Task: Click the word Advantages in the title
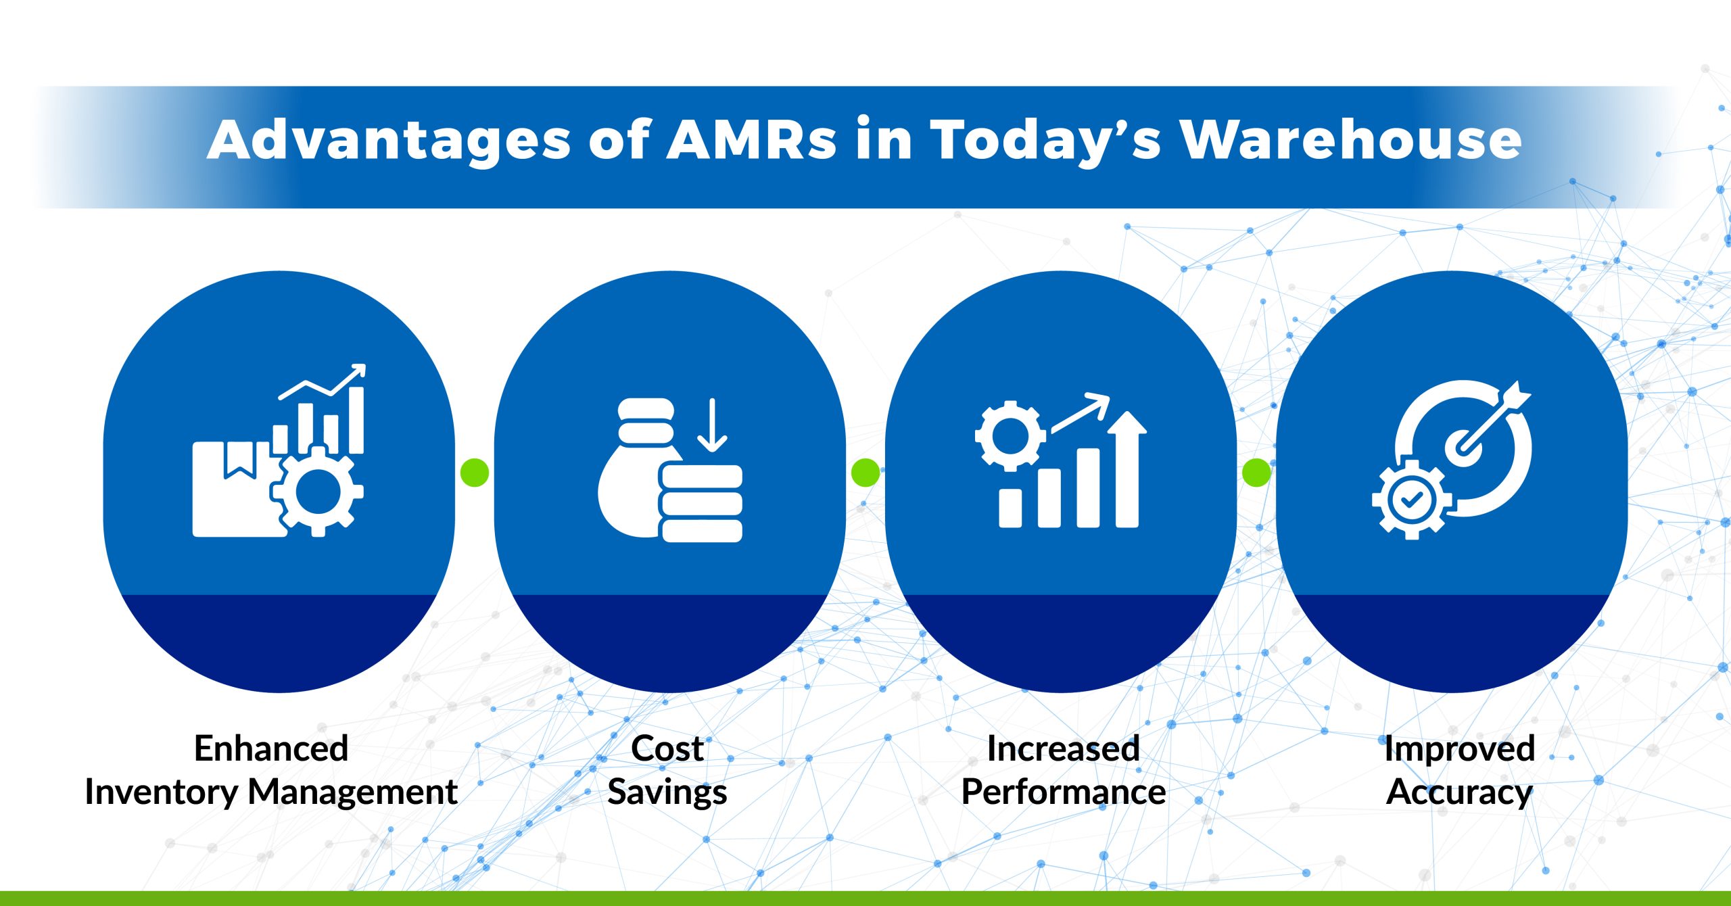pyautogui.click(x=389, y=140)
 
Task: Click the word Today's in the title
pyautogui.click(x=1045, y=140)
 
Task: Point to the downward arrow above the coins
pyautogui.click(x=711, y=426)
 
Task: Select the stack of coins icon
pyautogui.click(x=701, y=504)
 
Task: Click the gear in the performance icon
pyautogui.click(x=1010, y=436)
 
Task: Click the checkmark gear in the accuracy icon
pyautogui.click(x=1411, y=500)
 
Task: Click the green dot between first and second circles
pyautogui.click(x=474, y=472)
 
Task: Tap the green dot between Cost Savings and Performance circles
pyautogui.click(x=865, y=472)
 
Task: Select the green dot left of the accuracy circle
pyautogui.click(x=1256, y=472)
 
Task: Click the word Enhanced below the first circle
pyautogui.click(x=271, y=749)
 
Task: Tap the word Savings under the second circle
pyautogui.click(x=667, y=792)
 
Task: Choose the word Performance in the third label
pyautogui.click(x=1063, y=792)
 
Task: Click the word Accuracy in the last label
pyautogui.click(x=1459, y=792)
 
